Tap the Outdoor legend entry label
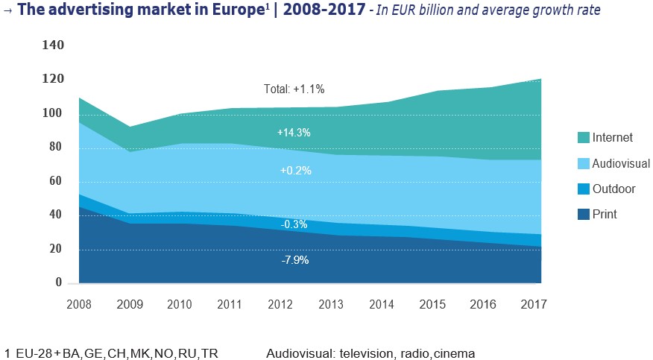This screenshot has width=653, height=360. pyautogui.click(x=613, y=189)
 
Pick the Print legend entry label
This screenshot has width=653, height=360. pyautogui.click(x=605, y=215)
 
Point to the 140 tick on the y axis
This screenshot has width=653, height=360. pyautogui.click(x=54, y=45)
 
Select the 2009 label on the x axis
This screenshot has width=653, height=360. pyautogui.click(x=130, y=304)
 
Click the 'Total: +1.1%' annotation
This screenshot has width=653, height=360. pyautogui.click(x=294, y=89)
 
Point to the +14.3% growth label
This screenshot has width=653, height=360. pyautogui.click(x=294, y=133)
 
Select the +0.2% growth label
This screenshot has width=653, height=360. pyautogui.click(x=295, y=171)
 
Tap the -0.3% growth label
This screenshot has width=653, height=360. pyautogui.click(x=294, y=224)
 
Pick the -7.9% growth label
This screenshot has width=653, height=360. pyautogui.click(x=294, y=260)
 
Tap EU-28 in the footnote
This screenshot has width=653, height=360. pyautogui.click(x=32, y=353)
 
